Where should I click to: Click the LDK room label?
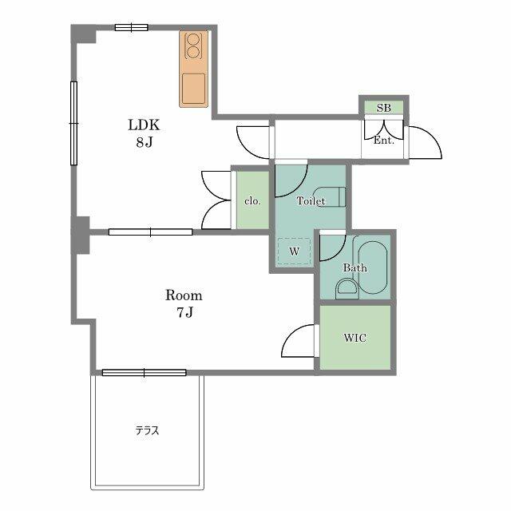[144, 125]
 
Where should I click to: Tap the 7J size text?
[184, 312]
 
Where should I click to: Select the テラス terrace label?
[147, 430]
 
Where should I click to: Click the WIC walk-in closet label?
[355, 338]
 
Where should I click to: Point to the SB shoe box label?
[383, 108]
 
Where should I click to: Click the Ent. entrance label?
[383, 141]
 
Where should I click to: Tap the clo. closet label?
[252, 200]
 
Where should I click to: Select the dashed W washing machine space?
[294, 252]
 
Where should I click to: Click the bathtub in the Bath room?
[373, 267]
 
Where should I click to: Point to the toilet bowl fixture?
[330, 196]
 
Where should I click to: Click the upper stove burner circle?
[193, 39]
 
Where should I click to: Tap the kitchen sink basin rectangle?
[193, 89]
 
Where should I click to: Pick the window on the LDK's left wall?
[74, 123]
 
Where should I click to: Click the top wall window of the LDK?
[131, 28]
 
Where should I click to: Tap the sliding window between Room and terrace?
[144, 373]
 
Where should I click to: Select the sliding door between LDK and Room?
[150, 232]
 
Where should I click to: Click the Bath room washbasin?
[347, 287]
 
